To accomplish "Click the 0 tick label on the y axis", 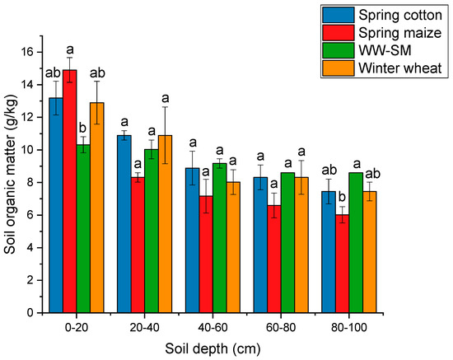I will click(x=33, y=313).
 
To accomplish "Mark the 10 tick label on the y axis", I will click(x=30, y=150).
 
